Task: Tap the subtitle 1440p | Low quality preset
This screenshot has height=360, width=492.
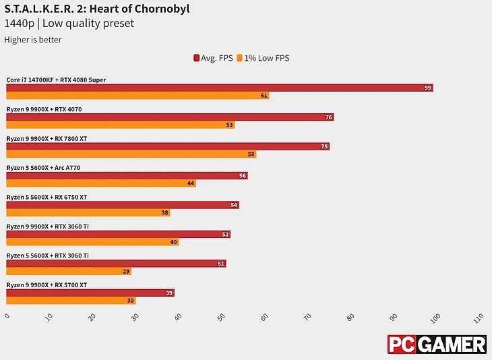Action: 69,24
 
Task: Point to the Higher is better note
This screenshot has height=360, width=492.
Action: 33,40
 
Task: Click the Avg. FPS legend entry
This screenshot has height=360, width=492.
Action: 213,58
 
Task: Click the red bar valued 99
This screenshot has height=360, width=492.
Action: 219,88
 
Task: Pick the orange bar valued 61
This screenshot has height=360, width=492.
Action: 137,96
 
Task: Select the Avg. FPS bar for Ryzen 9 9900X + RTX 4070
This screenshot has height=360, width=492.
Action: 170,117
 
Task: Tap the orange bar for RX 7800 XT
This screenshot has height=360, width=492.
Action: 131,154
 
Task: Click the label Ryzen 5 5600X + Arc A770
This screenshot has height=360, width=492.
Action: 48,167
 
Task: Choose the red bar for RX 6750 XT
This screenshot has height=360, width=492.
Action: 123,205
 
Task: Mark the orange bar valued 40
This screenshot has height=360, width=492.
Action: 92,242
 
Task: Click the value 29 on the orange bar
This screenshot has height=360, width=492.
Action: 126,272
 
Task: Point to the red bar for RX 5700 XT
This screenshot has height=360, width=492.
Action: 90,293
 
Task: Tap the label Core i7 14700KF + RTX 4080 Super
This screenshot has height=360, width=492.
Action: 56,80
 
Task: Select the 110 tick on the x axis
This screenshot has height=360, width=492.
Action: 479,316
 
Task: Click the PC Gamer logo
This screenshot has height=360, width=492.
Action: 437,344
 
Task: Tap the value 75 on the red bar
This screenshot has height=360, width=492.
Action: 324,146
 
